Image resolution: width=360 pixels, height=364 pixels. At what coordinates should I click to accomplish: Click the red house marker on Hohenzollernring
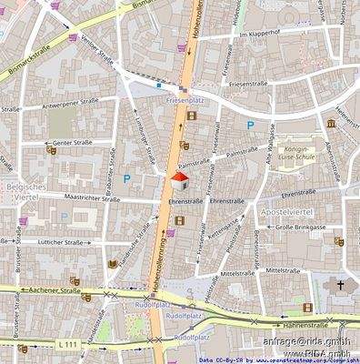click(x=179, y=180)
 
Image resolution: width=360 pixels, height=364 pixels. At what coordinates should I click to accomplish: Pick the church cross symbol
click(x=342, y=286)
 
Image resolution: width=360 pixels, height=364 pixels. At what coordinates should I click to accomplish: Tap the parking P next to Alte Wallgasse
click(x=250, y=125)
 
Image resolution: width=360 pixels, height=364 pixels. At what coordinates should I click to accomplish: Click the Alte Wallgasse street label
click(x=270, y=147)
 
